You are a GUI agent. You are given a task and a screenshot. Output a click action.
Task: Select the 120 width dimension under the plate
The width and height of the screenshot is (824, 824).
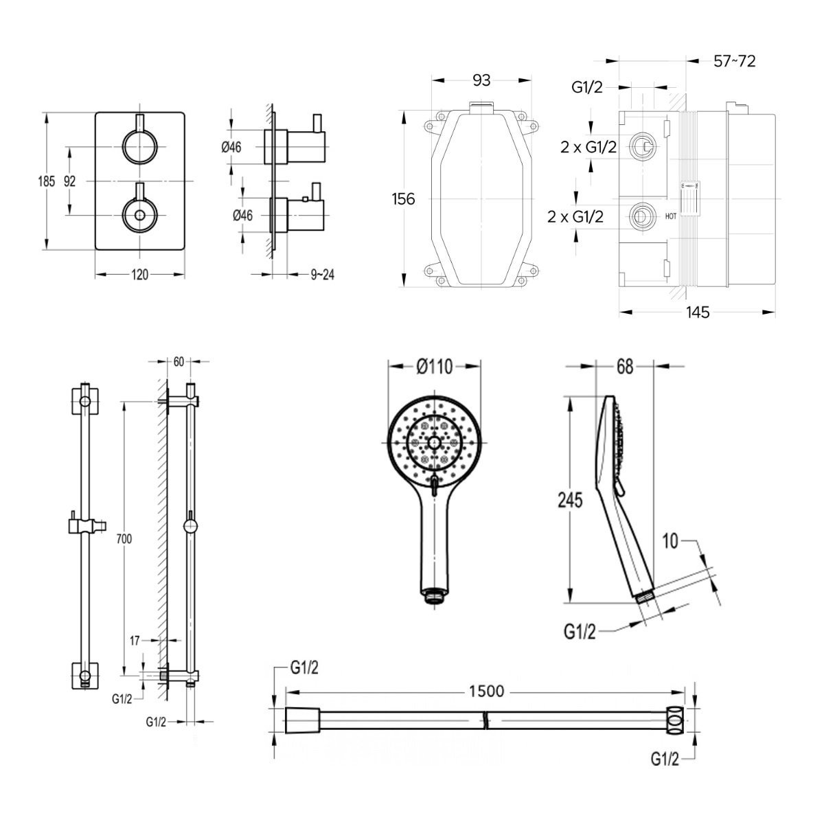click(x=139, y=275)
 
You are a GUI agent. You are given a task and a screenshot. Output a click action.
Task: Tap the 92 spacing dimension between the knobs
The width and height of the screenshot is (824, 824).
click(x=69, y=181)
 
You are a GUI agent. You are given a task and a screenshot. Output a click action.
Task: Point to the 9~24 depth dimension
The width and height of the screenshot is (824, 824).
click(x=322, y=275)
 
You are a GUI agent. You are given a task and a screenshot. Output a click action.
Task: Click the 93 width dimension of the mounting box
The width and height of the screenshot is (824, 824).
click(x=482, y=80)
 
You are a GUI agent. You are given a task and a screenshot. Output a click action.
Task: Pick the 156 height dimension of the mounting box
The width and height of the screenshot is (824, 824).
click(x=403, y=199)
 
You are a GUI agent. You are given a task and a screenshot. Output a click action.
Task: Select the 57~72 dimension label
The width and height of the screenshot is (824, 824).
click(x=734, y=61)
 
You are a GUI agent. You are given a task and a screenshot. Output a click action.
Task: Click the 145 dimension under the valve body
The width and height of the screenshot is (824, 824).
click(x=697, y=312)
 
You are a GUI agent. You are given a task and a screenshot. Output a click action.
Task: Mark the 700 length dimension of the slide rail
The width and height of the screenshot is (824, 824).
click(x=124, y=540)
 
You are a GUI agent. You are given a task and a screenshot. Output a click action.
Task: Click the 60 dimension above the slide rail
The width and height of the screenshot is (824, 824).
click(x=179, y=362)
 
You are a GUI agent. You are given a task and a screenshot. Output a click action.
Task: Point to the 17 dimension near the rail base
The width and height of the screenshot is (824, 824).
click(x=135, y=641)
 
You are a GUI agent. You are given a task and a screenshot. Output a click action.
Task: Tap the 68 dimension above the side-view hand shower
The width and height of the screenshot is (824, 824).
click(x=624, y=367)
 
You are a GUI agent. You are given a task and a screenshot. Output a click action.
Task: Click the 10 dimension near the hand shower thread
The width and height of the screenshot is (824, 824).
click(x=670, y=541)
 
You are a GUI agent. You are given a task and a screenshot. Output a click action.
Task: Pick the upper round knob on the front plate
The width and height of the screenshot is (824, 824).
click(x=139, y=146)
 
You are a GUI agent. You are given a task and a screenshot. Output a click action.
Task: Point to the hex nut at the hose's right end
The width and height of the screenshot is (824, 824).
click(x=676, y=721)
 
